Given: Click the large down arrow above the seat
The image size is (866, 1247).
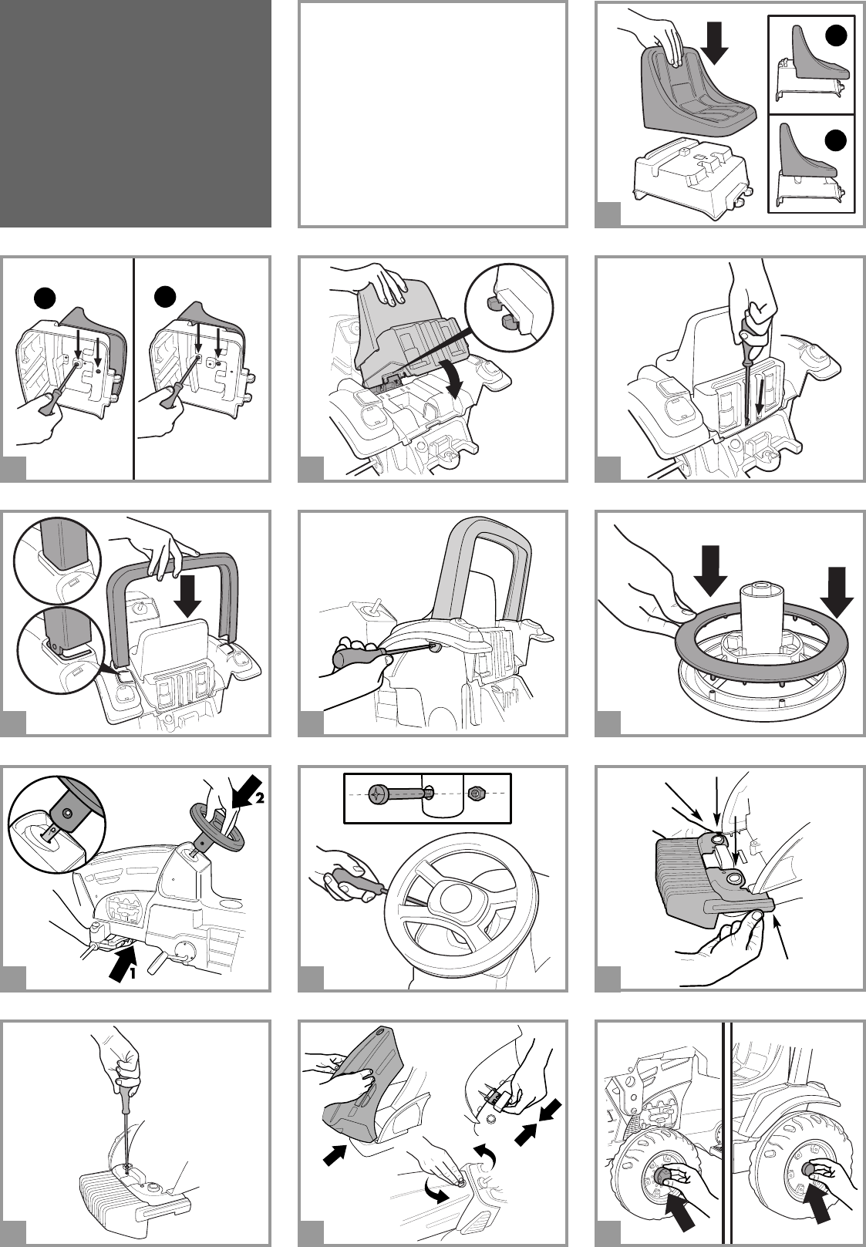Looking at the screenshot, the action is [x=715, y=43].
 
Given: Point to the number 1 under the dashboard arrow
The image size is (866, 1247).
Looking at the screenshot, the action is [x=132, y=973].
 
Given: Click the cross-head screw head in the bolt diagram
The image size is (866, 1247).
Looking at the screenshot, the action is [x=380, y=794].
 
